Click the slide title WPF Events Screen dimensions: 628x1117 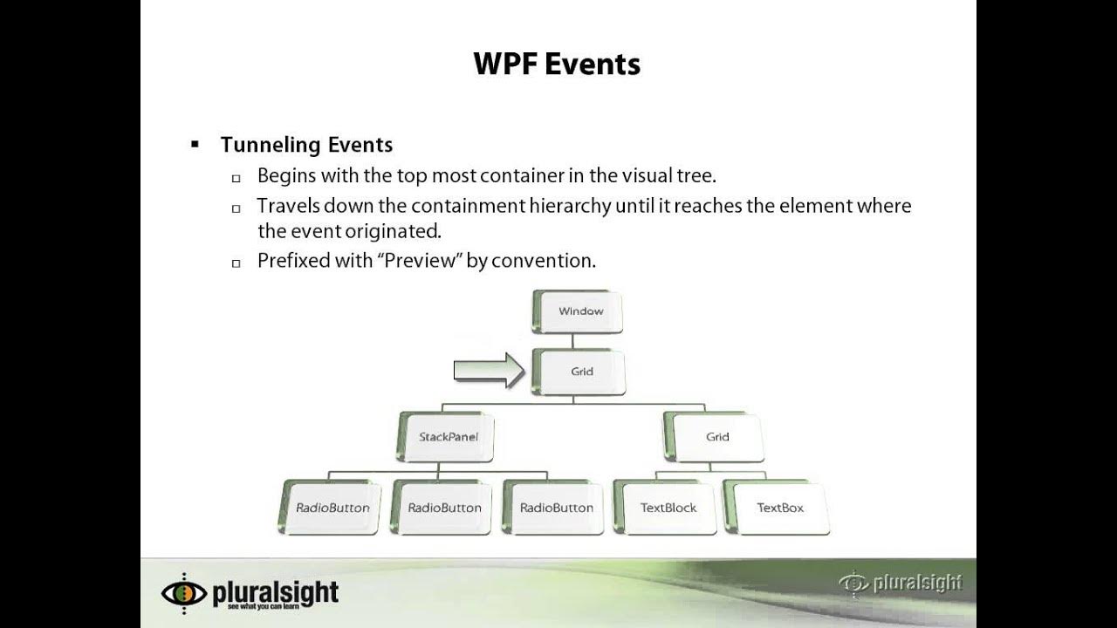(x=557, y=64)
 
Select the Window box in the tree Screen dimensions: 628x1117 (x=580, y=311)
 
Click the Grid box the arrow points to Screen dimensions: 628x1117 (x=581, y=372)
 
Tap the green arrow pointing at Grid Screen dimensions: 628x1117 (x=488, y=371)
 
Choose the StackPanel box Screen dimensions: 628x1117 (x=449, y=437)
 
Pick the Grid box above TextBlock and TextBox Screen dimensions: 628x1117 (x=716, y=437)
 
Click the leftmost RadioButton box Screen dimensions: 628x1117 (x=332, y=508)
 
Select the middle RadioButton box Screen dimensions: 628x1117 (x=444, y=508)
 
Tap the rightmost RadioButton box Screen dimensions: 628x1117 (x=556, y=508)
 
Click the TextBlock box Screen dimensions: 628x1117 (x=668, y=508)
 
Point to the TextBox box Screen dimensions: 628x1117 (x=780, y=508)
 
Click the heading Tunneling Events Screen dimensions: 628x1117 (x=306, y=145)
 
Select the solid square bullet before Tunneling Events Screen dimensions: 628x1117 (x=195, y=144)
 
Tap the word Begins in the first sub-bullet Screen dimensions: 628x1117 (x=286, y=175)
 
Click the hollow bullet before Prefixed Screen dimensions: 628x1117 (x=236, y=263)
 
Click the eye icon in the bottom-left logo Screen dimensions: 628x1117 (x=184, y=593)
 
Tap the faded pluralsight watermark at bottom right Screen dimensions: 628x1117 (x=901, y=583)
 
